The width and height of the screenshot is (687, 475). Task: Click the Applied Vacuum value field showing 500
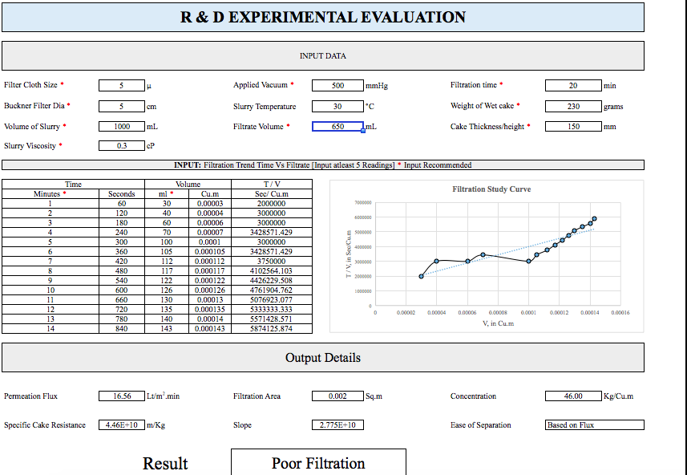tap(337, 85)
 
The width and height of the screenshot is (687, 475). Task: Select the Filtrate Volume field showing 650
tap(337, 126)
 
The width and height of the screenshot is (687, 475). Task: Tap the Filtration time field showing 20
tap(572, 85)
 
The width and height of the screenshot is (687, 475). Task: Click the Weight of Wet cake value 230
tap(572, 106)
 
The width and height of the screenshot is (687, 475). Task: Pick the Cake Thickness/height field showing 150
tap(572, 126)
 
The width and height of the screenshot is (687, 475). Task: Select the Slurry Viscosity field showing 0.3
tap(122, 146)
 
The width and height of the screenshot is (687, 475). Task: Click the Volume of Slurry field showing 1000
tap(122, 126)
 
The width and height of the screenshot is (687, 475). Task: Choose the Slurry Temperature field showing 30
tap(337, 106)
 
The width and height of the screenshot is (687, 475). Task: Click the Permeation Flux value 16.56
tap(122, 396)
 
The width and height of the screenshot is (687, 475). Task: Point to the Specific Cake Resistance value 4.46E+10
tap(122, 424)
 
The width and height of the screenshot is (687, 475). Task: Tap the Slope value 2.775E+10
tap(337, 424)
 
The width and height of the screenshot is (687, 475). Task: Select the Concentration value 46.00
tap(572, 396)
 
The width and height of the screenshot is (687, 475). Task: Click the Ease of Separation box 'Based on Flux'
tap(594, 424)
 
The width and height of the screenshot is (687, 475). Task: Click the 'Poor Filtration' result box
tap(318, 463)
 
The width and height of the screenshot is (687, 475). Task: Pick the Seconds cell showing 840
tap(116, 328)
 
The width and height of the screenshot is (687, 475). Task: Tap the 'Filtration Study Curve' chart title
tap(491, 189)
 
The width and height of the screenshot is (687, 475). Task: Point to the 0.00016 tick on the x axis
tap(619, 313)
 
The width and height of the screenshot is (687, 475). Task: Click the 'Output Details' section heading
tap(322, 358)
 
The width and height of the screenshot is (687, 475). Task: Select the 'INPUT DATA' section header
tap(322, 56)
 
